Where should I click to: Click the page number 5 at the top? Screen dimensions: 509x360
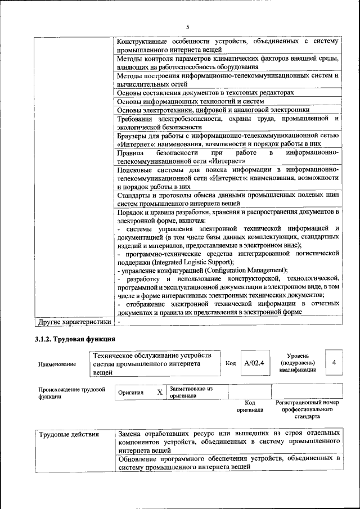[x=188, y=26]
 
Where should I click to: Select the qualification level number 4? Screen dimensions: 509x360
[x=334, y=363]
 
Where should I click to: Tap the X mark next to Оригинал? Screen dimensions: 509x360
[x=160, y=392]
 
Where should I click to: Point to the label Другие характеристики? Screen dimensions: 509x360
[x=73, y=322]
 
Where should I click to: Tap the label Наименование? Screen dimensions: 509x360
[x=57, y=364]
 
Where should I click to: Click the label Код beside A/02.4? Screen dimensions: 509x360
[x=231, y=363]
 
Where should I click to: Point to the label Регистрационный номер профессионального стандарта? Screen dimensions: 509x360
[x=307, y=409]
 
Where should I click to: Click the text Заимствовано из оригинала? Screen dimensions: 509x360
[x=191, y=391]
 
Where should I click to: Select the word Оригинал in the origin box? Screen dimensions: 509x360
[x=131, y=393]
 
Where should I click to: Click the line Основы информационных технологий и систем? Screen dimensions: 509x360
[x=190, y=101]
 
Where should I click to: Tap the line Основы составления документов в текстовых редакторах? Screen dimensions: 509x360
[x=205, y=92]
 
